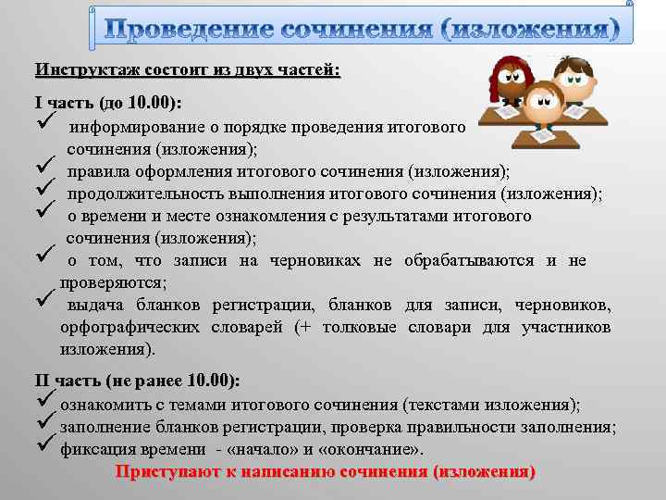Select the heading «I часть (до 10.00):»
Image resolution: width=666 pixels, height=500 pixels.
(108, 103)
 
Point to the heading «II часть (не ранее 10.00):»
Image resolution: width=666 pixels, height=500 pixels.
(137, 381)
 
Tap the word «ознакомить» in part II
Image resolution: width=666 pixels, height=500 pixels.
(102, 405)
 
